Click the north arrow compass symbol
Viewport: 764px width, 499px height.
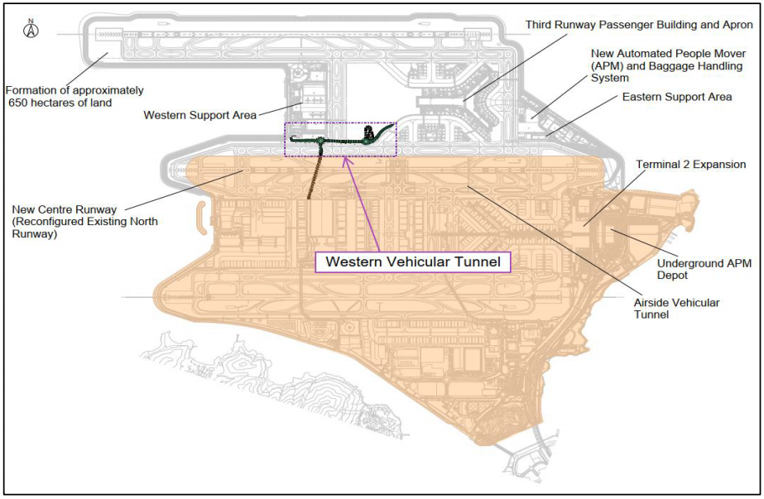[x=31, y=29]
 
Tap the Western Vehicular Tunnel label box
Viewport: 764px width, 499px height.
[x=413, y=261]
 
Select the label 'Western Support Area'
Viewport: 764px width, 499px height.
[x=199, y=116]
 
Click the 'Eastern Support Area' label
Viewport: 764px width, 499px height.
[x=677, y=97]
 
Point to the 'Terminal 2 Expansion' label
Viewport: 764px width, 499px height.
[x=690, y=165]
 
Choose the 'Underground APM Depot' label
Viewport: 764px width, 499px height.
[x=704, y=270]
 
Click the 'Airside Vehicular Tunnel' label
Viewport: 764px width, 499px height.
[x=676, y=309]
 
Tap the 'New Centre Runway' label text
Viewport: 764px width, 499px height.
[x=84, y=222]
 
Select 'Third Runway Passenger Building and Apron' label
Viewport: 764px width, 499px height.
[x=639, y=25]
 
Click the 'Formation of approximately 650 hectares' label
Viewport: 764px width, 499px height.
[x=74, y=97]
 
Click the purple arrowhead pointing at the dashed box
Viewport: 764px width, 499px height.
[x=347, y=161]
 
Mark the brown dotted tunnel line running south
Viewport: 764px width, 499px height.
[x=315, y=171]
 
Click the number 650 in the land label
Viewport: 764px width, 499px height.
[x=17, y=103]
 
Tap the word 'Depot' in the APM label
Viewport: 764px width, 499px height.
[x=672, y=276]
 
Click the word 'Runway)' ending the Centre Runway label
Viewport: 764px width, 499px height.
[x=35, y=234]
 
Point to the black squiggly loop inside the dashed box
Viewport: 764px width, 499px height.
[x=370, y=132]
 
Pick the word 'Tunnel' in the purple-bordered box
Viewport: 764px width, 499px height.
[x=478, y=261]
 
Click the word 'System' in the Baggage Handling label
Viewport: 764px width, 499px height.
[x=609, y=79]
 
